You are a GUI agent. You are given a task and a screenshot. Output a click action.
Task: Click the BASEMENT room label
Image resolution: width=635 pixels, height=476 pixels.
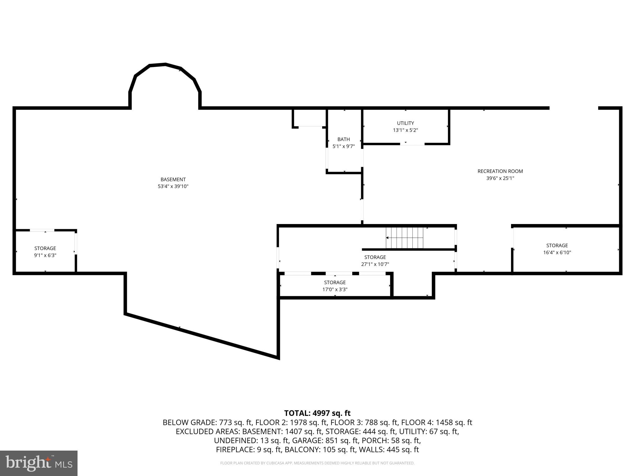[x=173, y=179]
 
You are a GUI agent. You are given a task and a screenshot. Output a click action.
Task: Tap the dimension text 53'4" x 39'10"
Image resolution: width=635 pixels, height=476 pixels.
[x=173, y=187]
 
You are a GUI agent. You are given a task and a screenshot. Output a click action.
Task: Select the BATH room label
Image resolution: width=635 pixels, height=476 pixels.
[x=344, y=139]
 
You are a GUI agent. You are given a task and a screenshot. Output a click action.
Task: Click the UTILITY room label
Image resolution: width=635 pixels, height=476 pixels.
[x=405, y=123]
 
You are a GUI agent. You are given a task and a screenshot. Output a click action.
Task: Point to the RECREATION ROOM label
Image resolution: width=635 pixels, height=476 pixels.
[x=500, y=171]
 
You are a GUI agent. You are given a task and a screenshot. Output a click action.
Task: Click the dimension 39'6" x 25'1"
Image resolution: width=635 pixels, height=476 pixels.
[x=500, y=178]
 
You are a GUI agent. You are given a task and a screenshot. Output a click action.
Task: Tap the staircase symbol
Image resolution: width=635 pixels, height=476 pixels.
[x=404, y=238]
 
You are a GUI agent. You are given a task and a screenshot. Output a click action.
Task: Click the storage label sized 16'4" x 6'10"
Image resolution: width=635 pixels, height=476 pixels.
[x=557, y=245]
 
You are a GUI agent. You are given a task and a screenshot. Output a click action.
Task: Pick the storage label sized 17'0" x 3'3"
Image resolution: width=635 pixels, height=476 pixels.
[x=335, y=282]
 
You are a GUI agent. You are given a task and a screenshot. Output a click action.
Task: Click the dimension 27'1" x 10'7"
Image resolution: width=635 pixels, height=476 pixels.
[x=375, y=264]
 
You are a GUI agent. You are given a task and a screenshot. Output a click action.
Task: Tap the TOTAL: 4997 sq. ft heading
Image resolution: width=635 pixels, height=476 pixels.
[x=317, y=413]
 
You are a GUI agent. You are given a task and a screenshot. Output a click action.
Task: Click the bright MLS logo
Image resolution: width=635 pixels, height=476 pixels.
[x=38, y=463]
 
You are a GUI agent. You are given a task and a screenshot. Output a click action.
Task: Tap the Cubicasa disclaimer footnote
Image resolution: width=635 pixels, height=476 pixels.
[x=317, y=463]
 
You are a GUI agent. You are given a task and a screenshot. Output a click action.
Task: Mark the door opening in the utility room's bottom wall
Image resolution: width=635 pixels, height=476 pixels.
[x=412, y=144]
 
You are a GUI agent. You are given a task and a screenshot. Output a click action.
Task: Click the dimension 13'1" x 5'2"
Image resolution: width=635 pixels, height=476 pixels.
[x=405, y=130]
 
